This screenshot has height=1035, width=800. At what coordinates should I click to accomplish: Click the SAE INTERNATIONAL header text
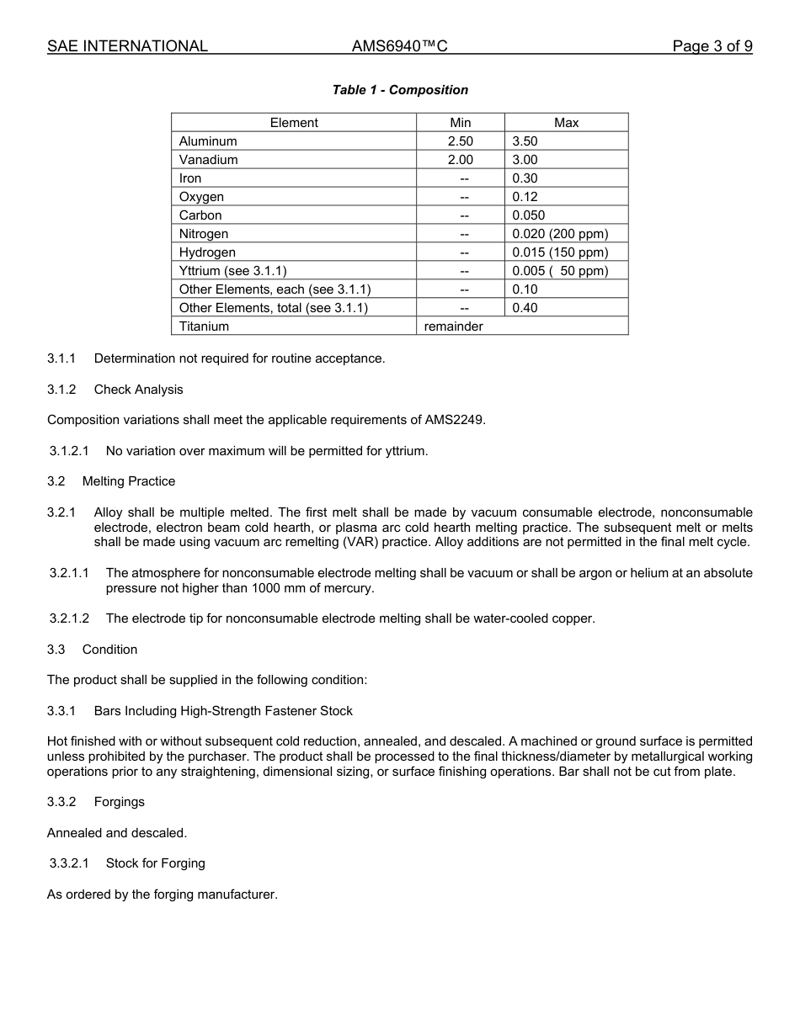(x=127, y=46)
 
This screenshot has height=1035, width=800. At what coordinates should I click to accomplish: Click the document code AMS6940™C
(x=399, y=46)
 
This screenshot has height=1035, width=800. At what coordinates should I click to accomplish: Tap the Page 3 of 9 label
(x=712, y=46)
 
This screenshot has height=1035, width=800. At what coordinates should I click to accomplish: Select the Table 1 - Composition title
(x=400, y=90)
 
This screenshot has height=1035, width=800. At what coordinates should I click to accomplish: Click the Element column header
(x=294, y=123)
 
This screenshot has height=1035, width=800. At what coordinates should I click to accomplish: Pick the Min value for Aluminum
(x=460, y=141)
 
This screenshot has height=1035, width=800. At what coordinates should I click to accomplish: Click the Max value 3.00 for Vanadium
(x=525, y=160)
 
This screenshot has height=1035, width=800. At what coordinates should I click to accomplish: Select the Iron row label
(x=190, y=178)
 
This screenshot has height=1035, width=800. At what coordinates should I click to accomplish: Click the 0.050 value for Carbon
(x=528, y=215)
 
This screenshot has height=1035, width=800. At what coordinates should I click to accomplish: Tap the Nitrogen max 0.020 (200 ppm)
(x=559, y=234)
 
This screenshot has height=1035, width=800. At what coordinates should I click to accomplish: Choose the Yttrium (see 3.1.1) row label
(x=232, y=271)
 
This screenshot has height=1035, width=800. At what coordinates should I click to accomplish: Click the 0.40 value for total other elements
(x=525, y=308)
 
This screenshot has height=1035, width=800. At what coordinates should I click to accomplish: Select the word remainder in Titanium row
(x=453, y=326)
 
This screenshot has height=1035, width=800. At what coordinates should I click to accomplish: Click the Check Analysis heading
(x=138, y=390)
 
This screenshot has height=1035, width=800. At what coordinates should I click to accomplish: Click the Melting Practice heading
(x=129, y=481)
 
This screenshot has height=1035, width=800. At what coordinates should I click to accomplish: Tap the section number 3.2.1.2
(x=69, y=618)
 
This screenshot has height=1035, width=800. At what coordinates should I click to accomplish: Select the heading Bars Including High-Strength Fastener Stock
(x=223, y=711)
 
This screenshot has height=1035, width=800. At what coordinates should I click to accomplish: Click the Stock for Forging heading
(x=155, y=863)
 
